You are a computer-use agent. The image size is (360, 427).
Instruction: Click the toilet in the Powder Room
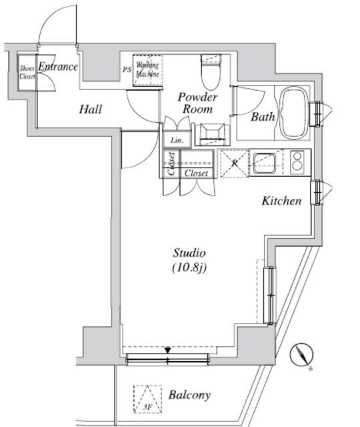pos(211,72)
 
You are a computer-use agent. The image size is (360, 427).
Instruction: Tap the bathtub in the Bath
pos(295,113)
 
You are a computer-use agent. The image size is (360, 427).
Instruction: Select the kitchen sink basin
pos(264,163)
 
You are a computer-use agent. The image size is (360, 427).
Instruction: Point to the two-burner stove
pos(297,162)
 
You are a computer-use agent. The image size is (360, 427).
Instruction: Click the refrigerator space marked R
pos(235,163)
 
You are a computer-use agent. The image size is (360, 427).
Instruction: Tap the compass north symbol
pos(301,355)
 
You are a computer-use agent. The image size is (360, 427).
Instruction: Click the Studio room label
pos(189,253)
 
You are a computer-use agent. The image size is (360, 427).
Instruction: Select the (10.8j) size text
pos(189,268)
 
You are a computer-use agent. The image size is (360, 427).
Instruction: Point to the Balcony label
pos(189,395)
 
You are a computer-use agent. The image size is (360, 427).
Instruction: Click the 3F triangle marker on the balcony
pos(148,399)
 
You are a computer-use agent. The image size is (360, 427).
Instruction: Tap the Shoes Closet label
pos(27,73)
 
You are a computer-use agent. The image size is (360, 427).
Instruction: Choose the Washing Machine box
pos(147,70)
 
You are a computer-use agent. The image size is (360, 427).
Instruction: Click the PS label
pos(127,69)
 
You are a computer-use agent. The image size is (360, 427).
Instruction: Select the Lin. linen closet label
pos(177,141)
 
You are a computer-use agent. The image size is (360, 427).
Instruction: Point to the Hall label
pos(91,109)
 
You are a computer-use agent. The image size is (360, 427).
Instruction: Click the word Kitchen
pos(281,201)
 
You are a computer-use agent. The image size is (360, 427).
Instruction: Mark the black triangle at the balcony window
pos(167,350)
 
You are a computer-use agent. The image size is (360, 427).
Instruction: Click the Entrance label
pos(58,67)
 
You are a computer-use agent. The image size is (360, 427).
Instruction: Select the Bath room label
pos(263,117)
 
